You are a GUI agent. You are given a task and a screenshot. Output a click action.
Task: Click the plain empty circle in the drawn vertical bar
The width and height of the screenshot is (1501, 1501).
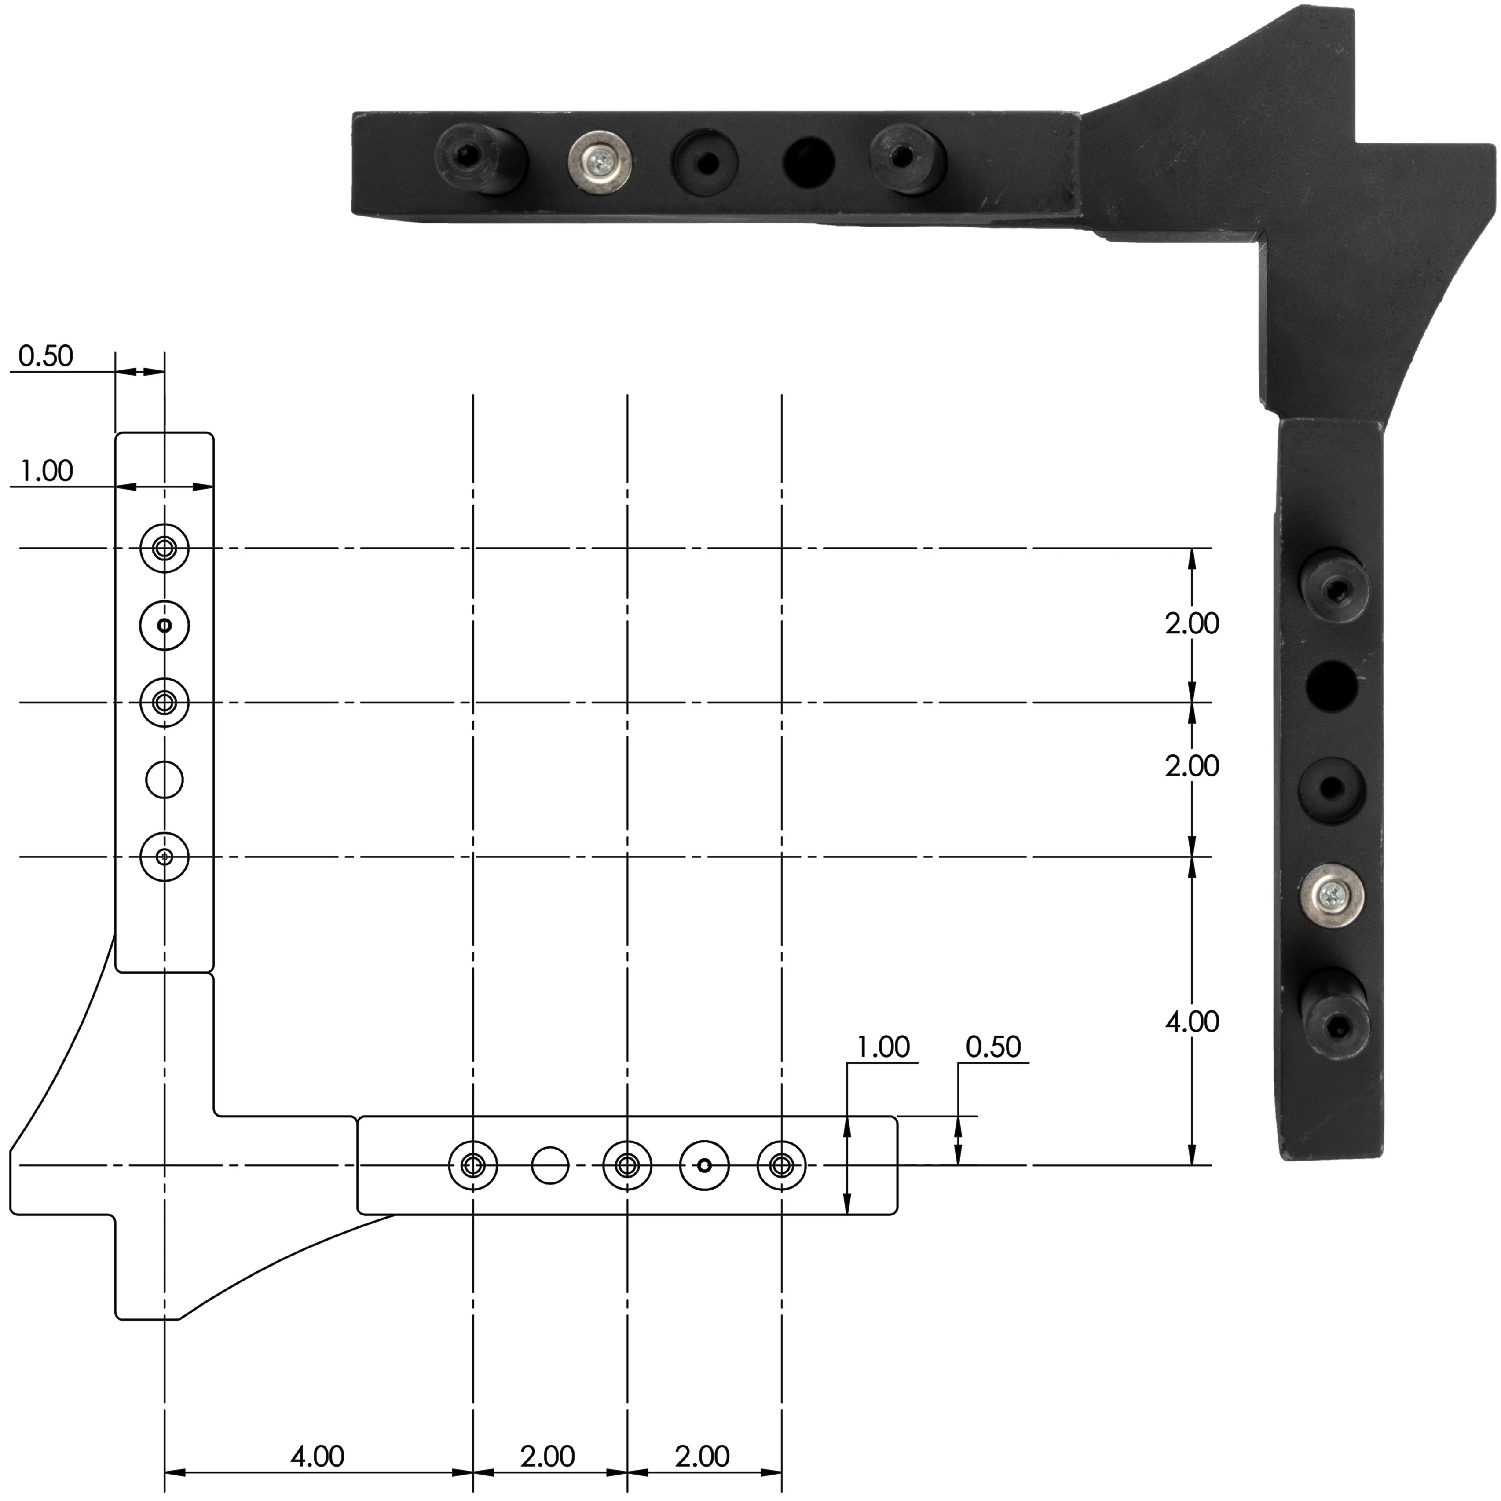165,779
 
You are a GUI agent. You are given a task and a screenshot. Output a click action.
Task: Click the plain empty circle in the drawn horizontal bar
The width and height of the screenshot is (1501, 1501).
550,1165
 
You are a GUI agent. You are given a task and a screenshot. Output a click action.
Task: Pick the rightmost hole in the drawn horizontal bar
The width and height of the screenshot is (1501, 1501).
782,1165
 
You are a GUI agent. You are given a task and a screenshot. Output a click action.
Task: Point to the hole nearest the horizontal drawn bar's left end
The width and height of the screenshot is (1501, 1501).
473,1165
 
